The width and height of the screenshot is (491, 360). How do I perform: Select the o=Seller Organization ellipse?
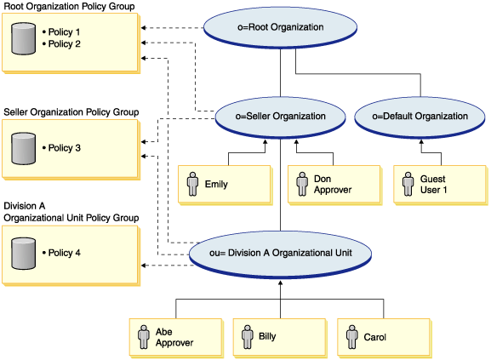click(x=281, y=117)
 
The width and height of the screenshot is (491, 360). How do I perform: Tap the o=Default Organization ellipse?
click(x=421, y=117)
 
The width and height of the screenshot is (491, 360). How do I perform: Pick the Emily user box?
click(x=223, y=183)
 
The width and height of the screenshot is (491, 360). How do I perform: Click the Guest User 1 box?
click(x=439, y=183)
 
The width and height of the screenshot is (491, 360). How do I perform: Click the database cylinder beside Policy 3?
click(x=21, y=148)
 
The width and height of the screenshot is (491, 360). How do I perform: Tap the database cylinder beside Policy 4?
click(x=21, y=254)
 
